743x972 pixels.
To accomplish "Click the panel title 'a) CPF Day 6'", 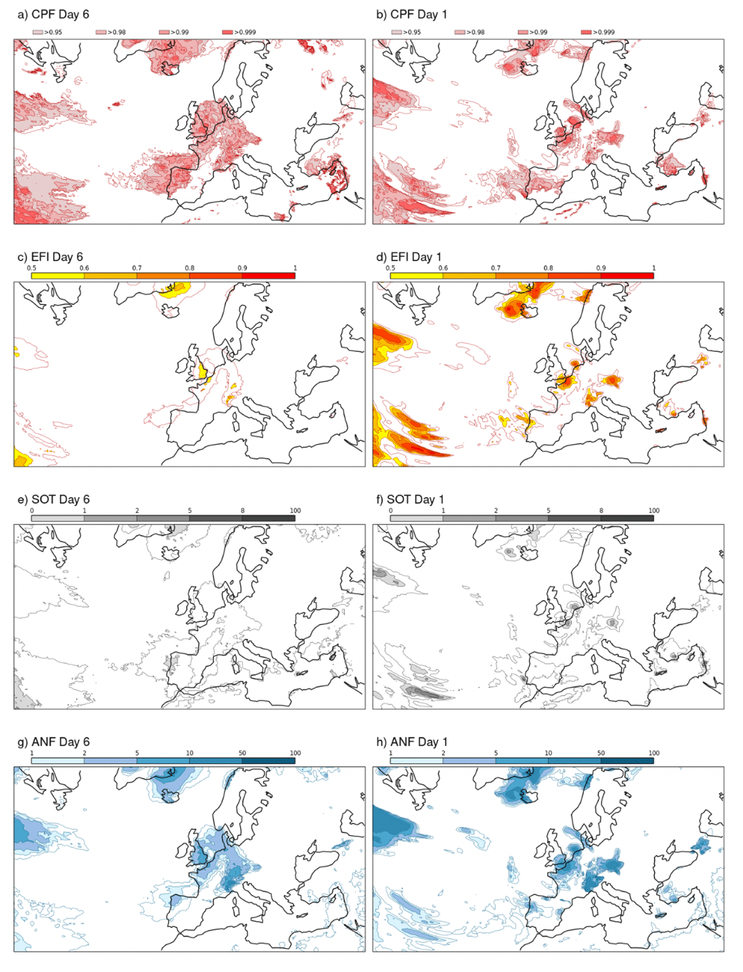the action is click(x=53, y=15).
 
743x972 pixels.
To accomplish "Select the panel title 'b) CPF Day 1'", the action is click(x=412, y=15).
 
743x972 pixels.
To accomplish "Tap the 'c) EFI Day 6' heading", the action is click(x=50, y=257).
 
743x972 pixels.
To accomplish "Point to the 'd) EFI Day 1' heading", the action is click(x=409, y=257).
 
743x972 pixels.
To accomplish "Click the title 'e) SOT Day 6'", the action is click(x=54, y=499).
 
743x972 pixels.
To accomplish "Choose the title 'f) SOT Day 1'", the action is click(x=410, y=499).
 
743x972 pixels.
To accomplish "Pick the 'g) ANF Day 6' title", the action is click(x=54, y=742).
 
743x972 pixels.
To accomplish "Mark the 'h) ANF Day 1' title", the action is click(x=412, y=742).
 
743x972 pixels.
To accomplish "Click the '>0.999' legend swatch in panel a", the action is click(x=227, y=32).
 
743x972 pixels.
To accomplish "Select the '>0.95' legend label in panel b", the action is click(x=412, y=32).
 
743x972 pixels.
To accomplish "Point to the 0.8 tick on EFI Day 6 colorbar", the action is click(x=189, y=268).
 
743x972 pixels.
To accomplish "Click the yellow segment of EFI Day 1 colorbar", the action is click(x=417, y=275).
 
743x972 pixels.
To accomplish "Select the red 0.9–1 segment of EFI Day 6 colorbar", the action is click(x=269, y=275).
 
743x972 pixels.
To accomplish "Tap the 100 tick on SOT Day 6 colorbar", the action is click(x=295, y=510).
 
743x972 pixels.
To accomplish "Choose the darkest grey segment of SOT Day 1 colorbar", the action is click(x=627, y=518).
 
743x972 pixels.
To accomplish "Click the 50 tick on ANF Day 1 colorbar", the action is click(x=601, y=753).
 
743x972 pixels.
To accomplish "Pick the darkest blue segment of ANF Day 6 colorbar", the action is click(x=269, y=760).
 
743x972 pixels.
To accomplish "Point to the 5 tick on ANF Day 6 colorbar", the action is click(x=137, y=753).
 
